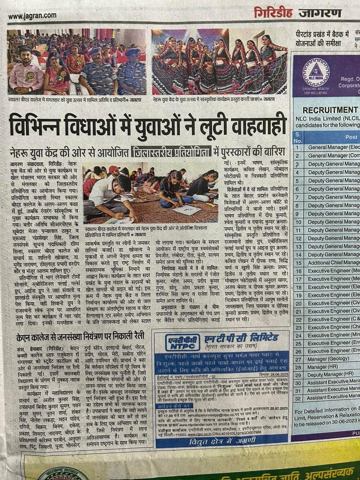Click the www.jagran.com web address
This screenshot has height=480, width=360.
(x=32, y=16)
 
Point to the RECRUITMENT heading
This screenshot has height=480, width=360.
(x=330, y=110)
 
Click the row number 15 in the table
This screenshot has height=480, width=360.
(x=298, y=263)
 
